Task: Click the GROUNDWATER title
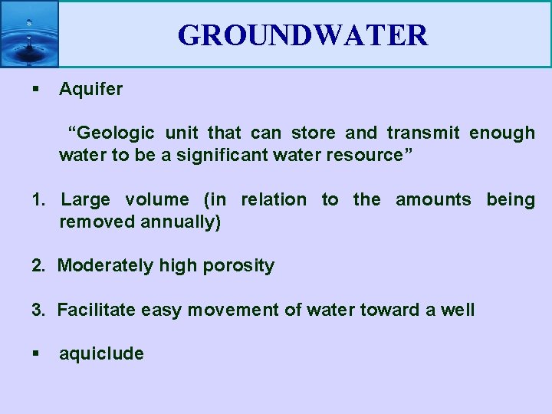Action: [303, 35]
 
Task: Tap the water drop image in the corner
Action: [29, 34]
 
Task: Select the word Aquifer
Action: [90, 89]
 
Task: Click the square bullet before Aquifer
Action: [35, 90]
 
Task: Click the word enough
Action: [502, 133]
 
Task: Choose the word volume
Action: [156, 200]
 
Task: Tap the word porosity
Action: [238, 266]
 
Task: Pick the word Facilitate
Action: [91, 310]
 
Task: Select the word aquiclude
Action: [101, 353]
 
